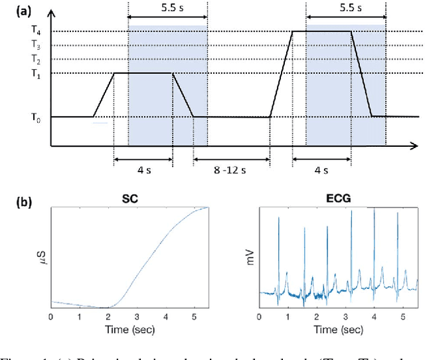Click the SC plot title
(x=130, y=199)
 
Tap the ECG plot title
(x=339, y=199)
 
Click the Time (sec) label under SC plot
(x=130, y=329)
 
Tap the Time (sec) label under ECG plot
(x=339, y=329)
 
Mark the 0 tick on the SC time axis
(x=51, y=317)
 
